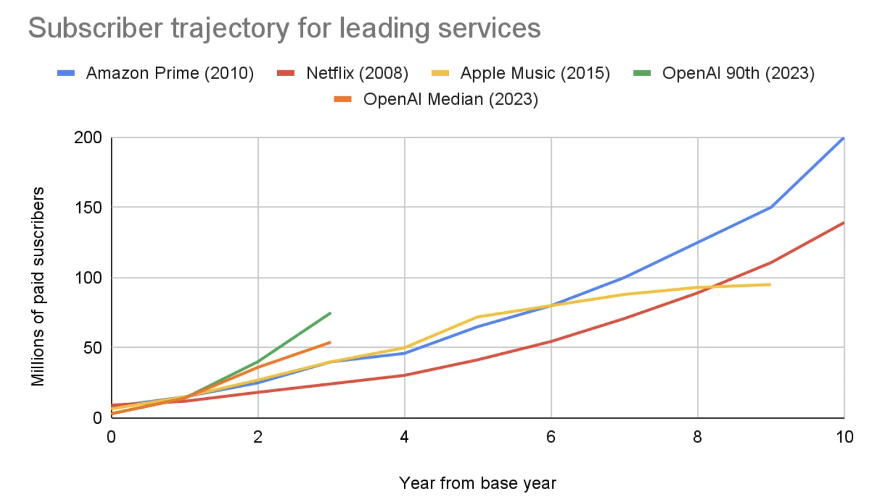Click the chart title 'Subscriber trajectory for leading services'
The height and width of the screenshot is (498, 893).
284,29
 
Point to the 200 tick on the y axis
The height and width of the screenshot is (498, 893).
93,137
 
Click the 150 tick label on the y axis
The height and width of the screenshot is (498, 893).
93,207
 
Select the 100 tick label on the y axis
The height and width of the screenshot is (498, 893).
93,278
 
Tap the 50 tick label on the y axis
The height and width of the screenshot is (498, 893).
96,347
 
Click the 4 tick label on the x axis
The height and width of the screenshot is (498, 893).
405,437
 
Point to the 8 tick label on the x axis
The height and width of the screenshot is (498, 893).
698,437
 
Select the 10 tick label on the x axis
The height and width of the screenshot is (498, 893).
844,437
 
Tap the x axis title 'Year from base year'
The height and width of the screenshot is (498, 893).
477,483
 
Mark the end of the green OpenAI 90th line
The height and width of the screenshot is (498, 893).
330,312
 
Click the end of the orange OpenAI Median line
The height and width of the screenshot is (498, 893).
330,342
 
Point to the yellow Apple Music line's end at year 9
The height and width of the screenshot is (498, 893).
770,284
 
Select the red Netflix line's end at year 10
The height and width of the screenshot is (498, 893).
844,222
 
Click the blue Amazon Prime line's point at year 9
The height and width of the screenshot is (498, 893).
771,207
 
